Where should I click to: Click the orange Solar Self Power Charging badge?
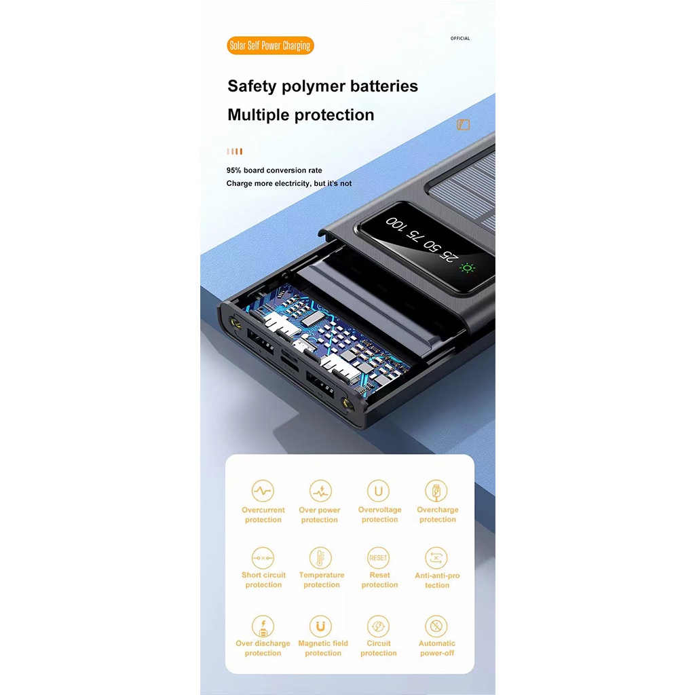[270, 45]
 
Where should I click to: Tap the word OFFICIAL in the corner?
[460, 39]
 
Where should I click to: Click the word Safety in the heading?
[252, 86]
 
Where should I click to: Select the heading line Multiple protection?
[301, 115]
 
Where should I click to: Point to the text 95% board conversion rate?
[274, 170]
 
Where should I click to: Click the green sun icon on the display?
[467, 267]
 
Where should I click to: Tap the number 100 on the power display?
[396, 224]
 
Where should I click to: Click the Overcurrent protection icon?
[263, 491]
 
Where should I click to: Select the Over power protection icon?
[320, 491]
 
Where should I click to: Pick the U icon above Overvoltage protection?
[378, 491]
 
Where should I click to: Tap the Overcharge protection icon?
[436, 491]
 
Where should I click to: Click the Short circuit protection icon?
[263, 558]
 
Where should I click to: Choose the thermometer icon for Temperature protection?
[320, 558]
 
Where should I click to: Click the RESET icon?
[378, 558]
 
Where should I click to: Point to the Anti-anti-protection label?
[437, 580]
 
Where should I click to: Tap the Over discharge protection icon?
[263, 626]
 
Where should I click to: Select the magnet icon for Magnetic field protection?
[320, 626]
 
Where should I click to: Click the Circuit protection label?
[379, 648]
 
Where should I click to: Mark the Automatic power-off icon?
[436, 626]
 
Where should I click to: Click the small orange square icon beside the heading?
[463, 125]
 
